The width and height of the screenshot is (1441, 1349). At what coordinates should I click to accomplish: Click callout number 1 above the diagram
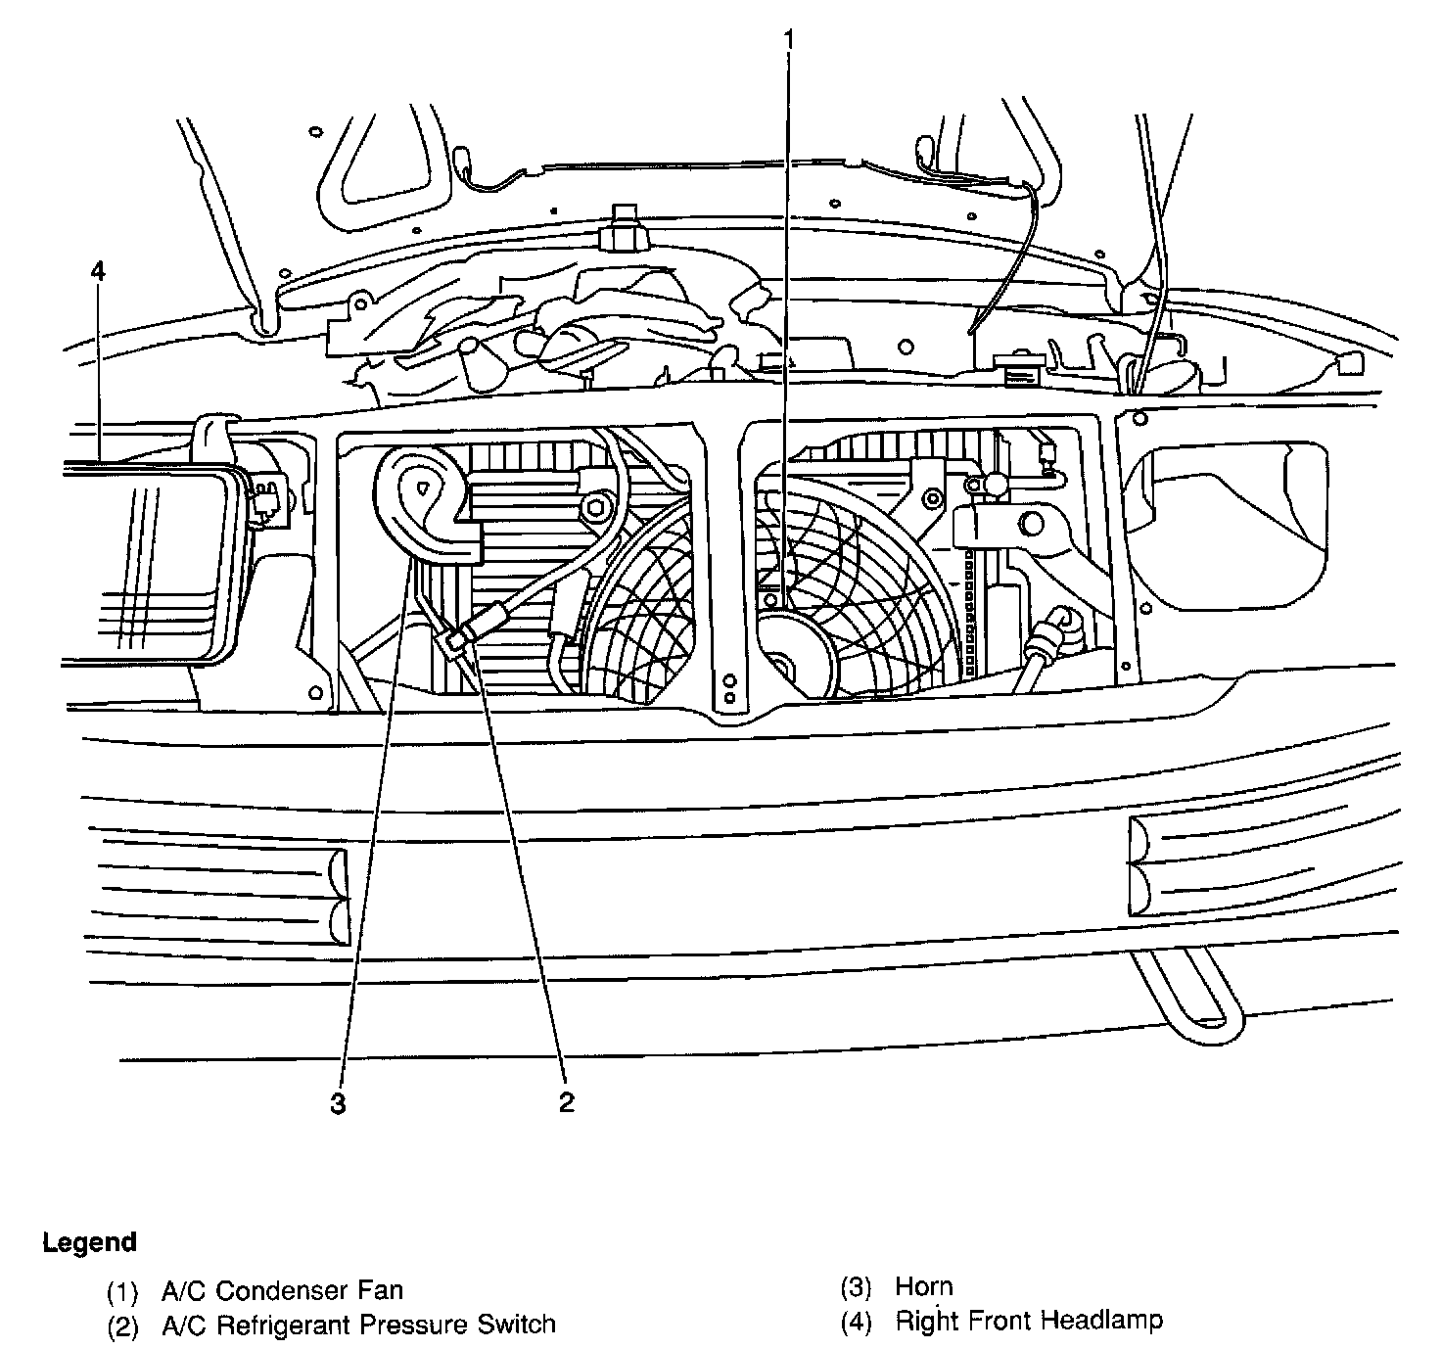coord(788,40)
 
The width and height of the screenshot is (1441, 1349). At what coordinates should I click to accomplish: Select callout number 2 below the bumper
coord(567,1102)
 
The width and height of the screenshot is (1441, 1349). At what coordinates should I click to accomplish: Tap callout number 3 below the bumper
coord(338,1104)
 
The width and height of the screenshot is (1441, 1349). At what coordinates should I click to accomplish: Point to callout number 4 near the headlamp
coord(98,271)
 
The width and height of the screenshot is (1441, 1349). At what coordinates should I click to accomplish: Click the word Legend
coord(89,1243)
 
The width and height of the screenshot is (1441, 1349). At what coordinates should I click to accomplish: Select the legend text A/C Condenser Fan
coord(282,1291)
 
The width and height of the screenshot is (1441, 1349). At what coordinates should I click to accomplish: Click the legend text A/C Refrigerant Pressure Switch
coord(358,1325)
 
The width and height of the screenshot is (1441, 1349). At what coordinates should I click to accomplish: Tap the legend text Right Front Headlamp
coord(1029,1321)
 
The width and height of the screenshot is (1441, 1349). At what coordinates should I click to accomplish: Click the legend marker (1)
coord(122,1292)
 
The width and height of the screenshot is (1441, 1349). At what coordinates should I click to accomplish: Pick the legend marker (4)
coord(856,1323)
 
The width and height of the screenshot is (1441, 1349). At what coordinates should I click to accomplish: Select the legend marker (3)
coord(856,1288)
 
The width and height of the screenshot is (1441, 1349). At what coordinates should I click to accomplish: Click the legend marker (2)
coord(122,1326)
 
